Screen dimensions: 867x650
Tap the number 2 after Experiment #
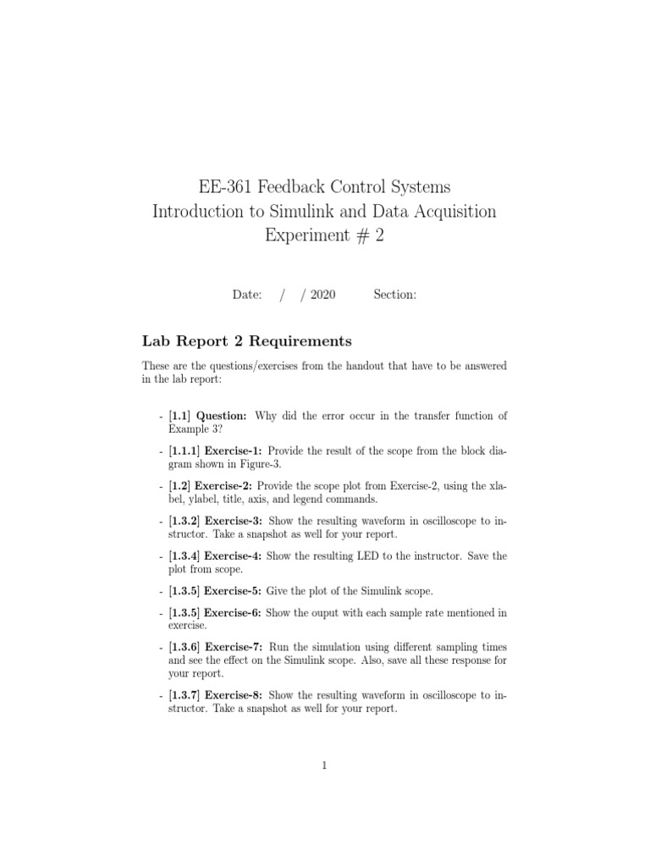(379, 236)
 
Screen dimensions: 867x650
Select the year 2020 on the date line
(322, 295)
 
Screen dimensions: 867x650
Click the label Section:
(394, 295)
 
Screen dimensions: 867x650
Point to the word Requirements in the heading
(303, 341)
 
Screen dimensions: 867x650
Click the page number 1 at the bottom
(324, 766)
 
